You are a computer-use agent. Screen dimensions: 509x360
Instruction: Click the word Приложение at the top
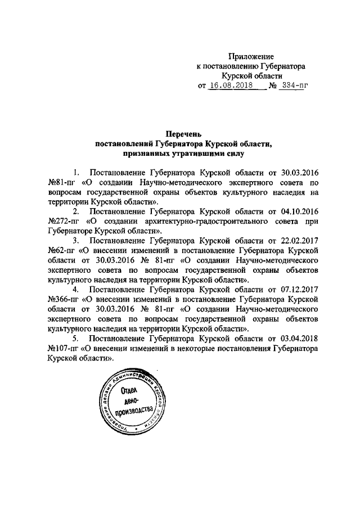pos(250,56)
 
